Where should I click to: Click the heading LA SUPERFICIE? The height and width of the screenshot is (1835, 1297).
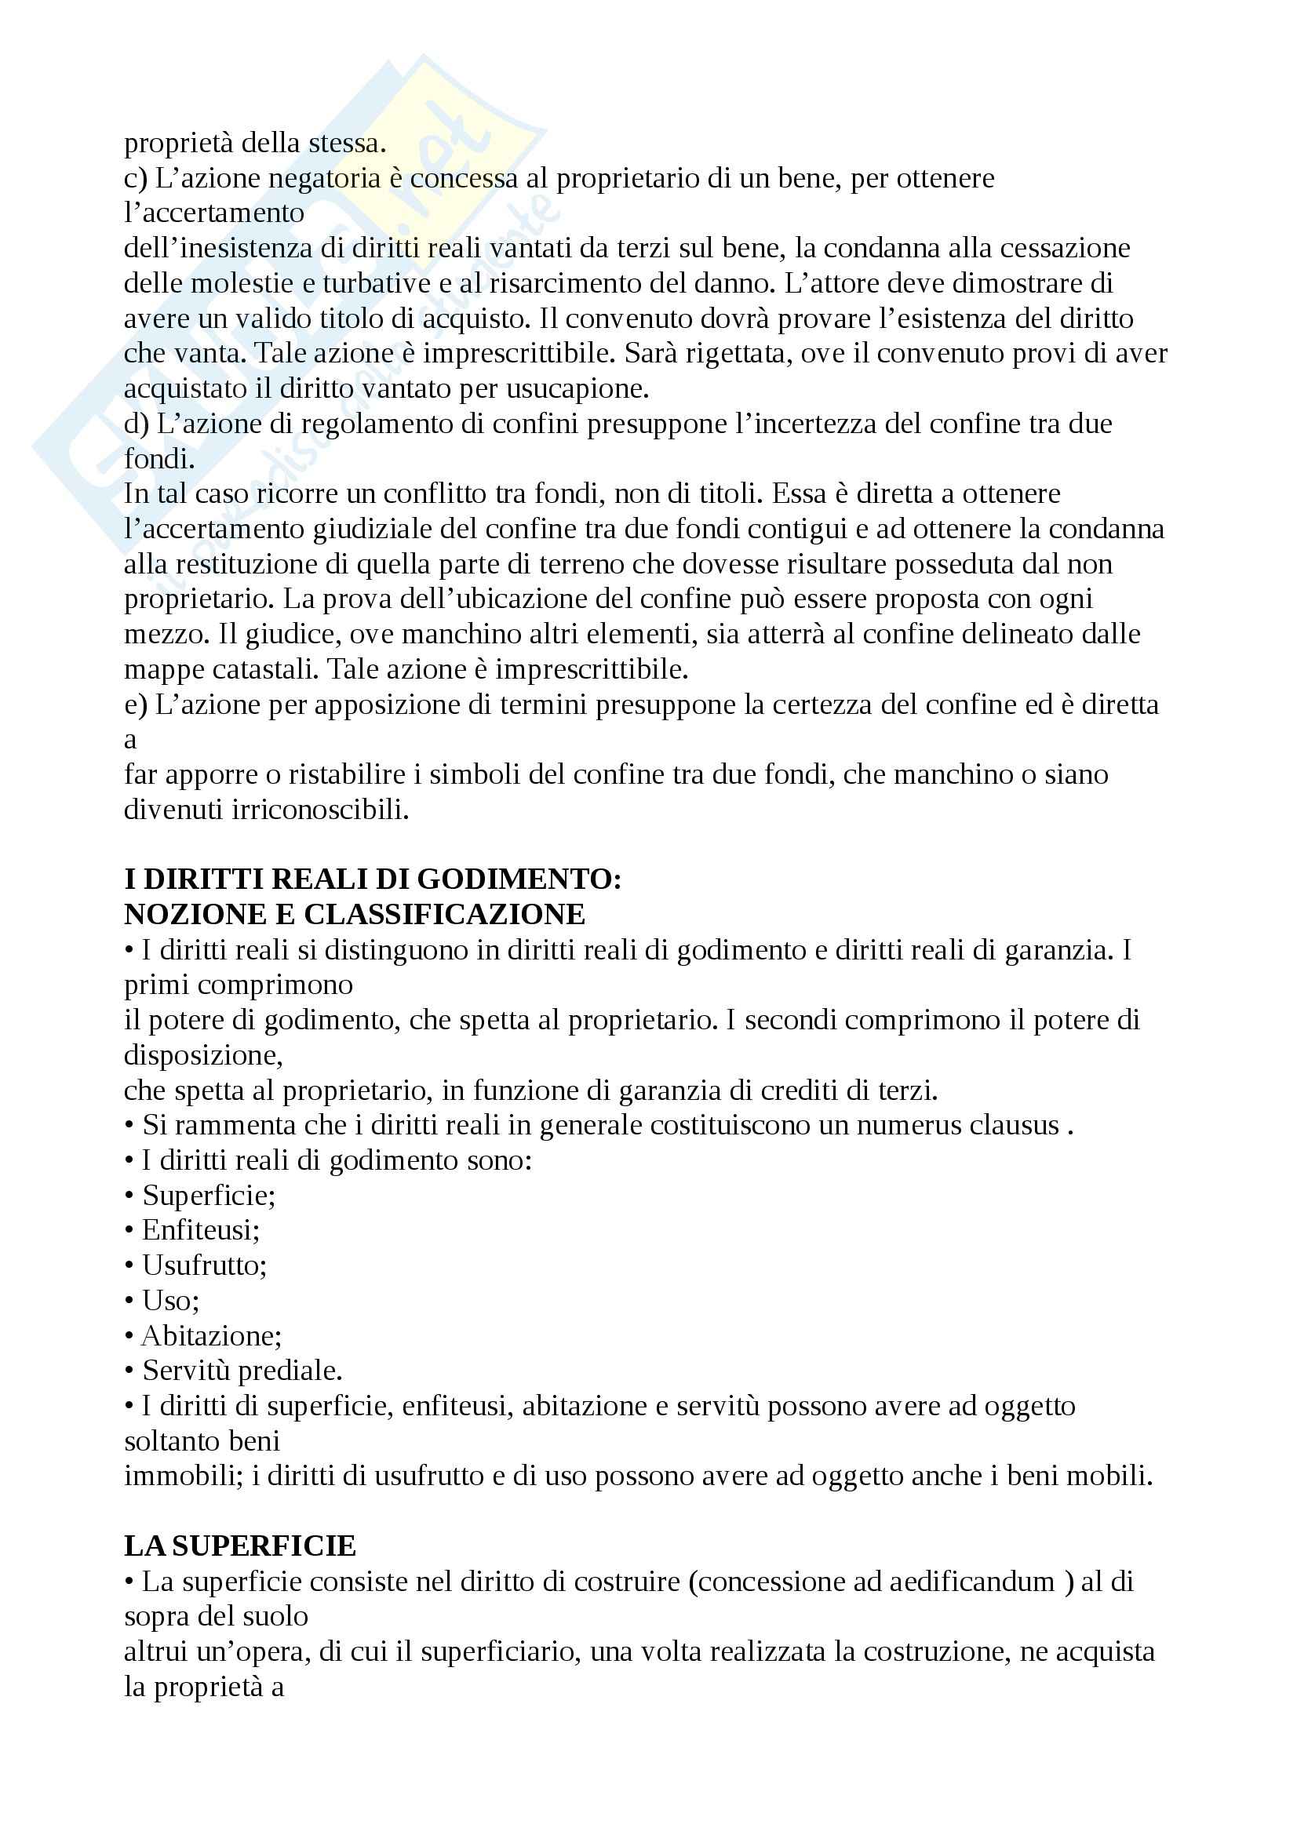(x=240, y=1546)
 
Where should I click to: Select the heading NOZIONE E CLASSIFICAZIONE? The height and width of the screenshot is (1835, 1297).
(x=355, y=914)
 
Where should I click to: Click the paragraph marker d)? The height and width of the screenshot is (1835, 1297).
(x=137, y=424)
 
